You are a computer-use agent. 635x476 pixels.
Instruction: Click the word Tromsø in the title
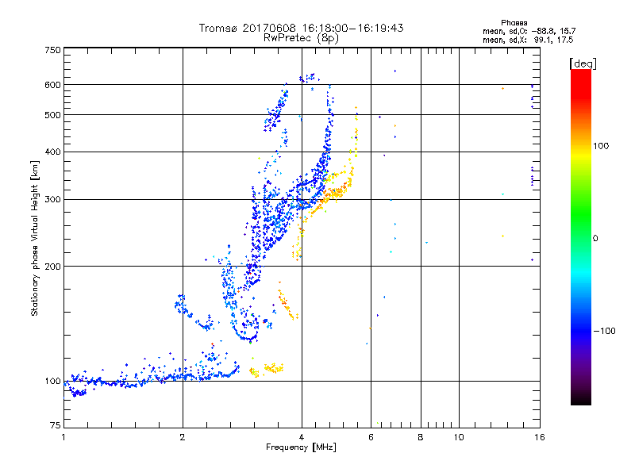(x=217, y=28)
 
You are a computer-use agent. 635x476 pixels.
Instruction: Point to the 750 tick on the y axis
(x=52, y=49)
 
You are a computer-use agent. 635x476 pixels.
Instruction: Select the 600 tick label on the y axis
(x=52, y=85)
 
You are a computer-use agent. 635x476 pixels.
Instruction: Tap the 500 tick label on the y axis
(x=52, y=115)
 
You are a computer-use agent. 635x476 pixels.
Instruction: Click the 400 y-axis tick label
(x=52, y=152)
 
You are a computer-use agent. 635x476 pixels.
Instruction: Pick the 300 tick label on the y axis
(x=52, y=200)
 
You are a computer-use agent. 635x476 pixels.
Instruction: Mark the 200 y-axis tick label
(x=52, y=267)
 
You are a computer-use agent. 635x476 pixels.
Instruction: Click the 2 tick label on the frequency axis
(x=183, y=437)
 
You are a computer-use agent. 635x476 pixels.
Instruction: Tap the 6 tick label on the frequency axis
(x=371, y=437)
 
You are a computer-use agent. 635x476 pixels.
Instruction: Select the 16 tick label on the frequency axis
(x=539, y=437)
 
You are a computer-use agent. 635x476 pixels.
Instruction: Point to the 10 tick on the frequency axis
(x=458, y=437)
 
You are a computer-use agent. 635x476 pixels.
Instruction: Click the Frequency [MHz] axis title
(x=301, y=447)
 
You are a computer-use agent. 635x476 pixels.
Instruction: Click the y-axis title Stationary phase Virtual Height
(x=35, y=238)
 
